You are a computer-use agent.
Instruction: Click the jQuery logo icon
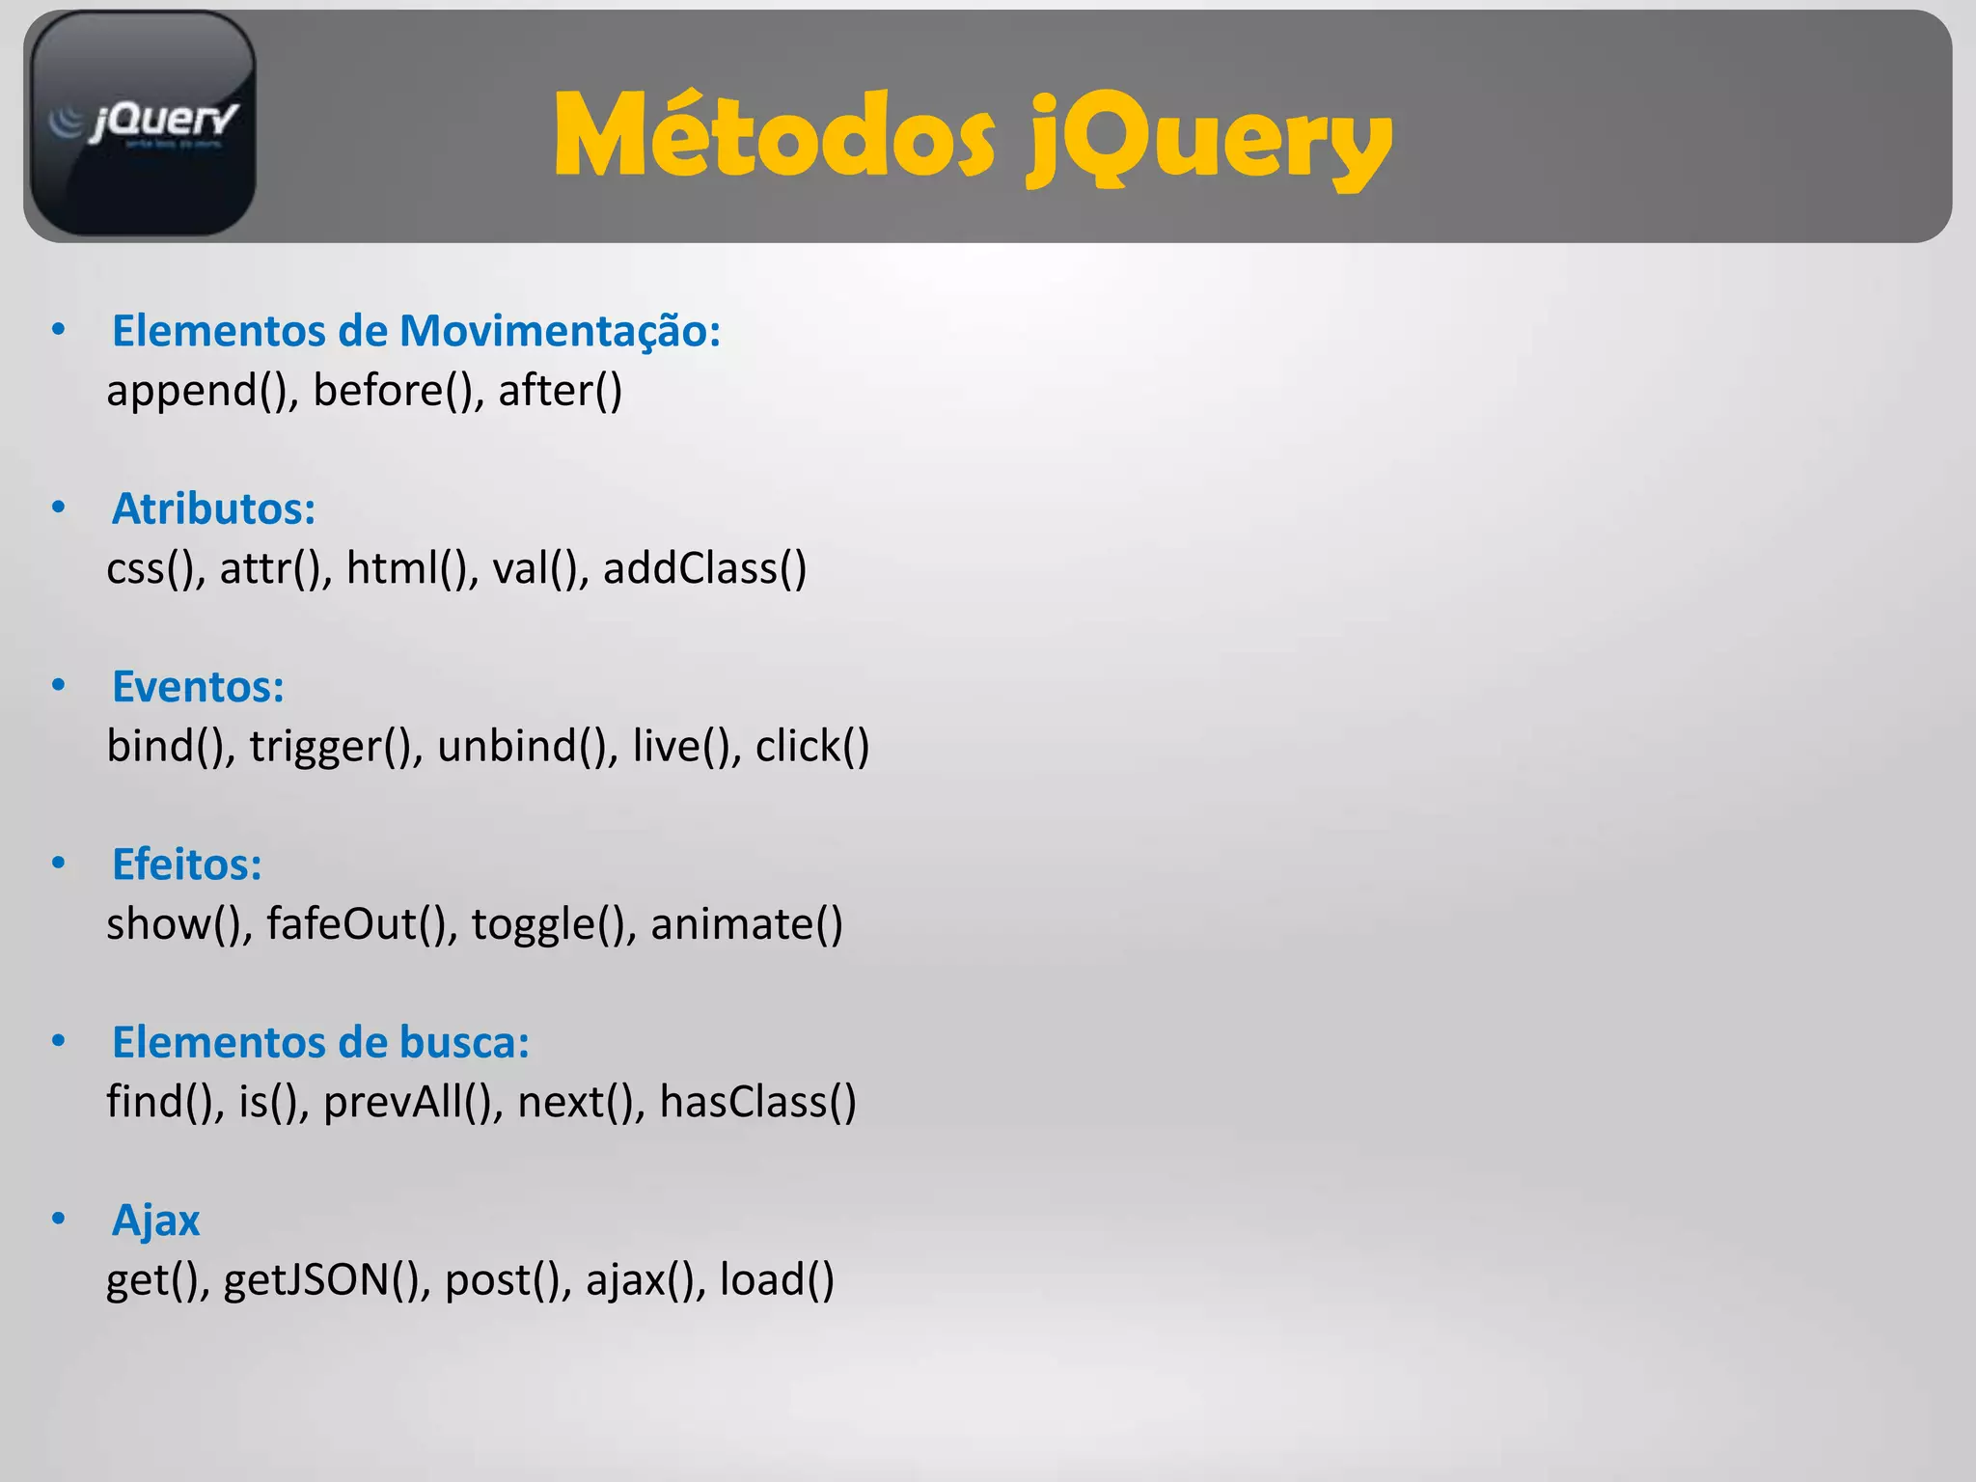pos(143,123)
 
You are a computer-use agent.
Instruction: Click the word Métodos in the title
pos(773,137)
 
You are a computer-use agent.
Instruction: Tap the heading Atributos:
pos(213,508)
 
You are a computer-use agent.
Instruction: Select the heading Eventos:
pos(198,687)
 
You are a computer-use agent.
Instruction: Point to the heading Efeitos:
pos(186,864)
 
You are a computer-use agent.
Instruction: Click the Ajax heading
pos(155,1221)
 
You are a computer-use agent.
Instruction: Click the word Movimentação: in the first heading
pos(560,331)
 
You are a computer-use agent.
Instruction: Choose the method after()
pos(560,391)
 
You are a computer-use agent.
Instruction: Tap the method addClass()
pos(704,568)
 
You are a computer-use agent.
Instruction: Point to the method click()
pos(811,747)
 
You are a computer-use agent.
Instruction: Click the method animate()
pos(746,924)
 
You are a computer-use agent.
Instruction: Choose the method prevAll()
pos(407,1102)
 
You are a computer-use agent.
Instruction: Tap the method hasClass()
pos(757,1102)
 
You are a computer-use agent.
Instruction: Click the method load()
pos(777,1280)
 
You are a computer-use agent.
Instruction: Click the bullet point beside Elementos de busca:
pos(59,1041)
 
